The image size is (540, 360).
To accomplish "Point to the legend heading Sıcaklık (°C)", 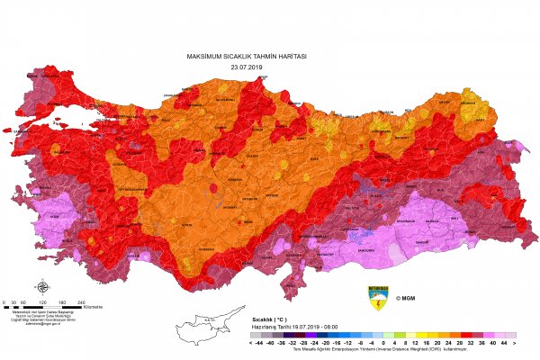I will [x=271, y=319].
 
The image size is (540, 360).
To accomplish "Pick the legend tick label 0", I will [x=382, y=343].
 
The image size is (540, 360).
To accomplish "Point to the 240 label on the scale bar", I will [x=80, y=301].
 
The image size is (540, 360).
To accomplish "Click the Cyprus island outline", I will [x=202, y=329].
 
